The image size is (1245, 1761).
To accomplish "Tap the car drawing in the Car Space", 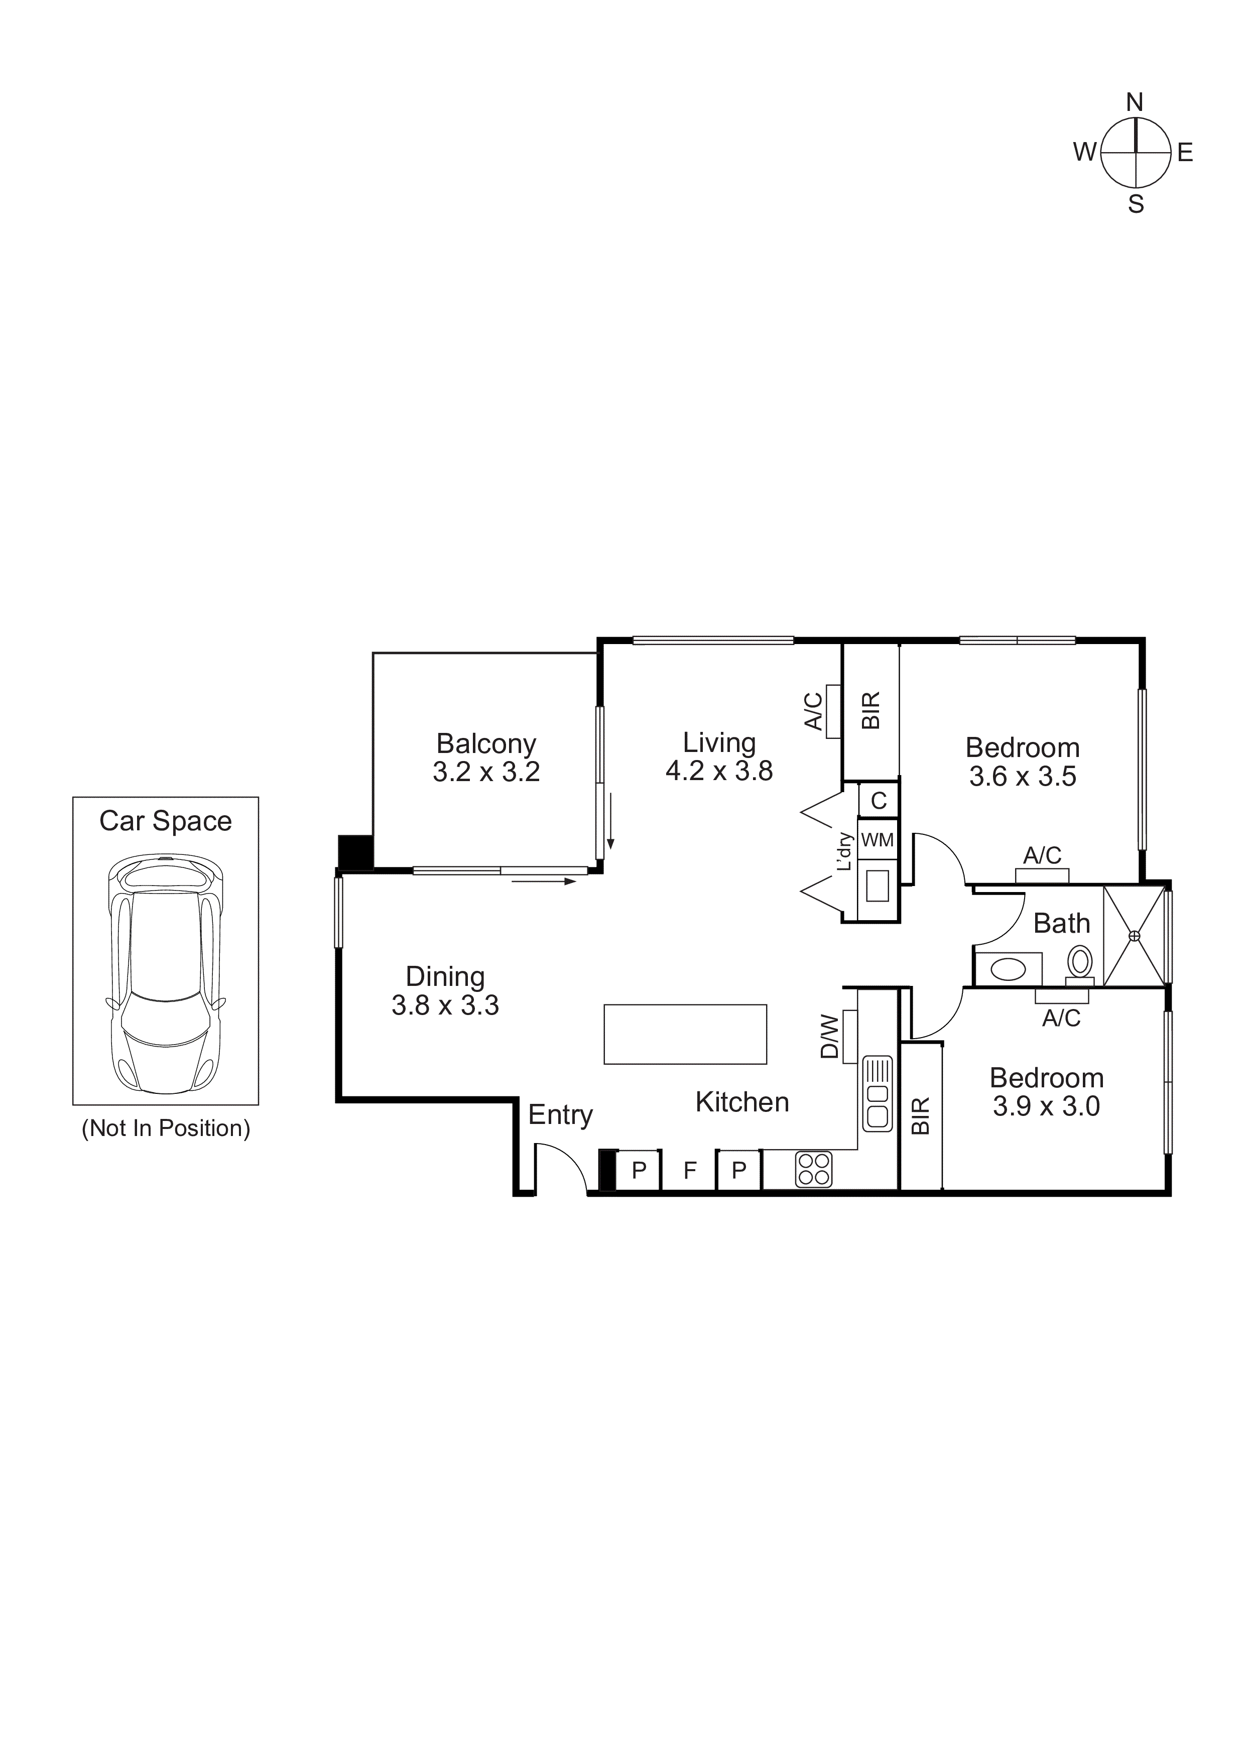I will tap(166, 973).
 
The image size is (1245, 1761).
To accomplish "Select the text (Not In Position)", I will tap(166, 1128).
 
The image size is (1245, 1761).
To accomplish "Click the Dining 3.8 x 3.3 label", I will tap(445, 990).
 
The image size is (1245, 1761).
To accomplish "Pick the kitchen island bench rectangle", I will tap(685, 1034).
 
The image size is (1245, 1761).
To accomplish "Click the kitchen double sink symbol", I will tap(878, 1093).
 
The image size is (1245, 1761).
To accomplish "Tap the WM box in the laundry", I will tap(878, 840).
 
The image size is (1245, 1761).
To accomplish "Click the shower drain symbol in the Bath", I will tap(1135, 936).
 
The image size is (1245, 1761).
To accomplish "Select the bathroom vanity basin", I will tap(1007, 969).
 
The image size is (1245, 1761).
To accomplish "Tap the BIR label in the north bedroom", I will tap(870, 710).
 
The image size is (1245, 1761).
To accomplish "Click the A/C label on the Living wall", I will tap(813, 711).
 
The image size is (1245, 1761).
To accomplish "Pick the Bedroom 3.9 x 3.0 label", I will tap(1046, 1091).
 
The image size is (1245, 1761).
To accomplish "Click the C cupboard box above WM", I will tap(879, 801).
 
